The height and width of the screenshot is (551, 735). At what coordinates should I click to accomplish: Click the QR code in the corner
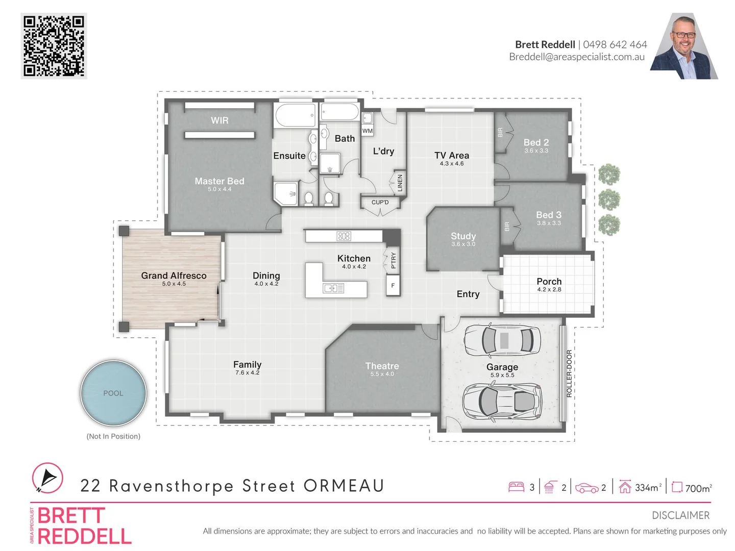click(x=54, y=46)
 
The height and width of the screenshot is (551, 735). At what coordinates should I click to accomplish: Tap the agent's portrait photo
click(x=684, y=47)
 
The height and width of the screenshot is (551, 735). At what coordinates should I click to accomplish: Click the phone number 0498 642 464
click(x=615, y=45)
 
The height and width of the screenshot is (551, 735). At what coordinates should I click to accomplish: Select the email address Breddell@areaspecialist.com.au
click(x=577, y=57)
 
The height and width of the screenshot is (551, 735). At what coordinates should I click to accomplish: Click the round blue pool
click(x=113, y=393)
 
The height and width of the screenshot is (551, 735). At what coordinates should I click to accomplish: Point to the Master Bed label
click(x=219, y=181)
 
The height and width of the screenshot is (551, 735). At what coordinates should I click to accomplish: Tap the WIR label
click(x=219, y=120)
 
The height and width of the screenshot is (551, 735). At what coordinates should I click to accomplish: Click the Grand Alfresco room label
click(x=174, y=275)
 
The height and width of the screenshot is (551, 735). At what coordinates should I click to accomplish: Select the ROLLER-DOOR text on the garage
click(x=569, y=373)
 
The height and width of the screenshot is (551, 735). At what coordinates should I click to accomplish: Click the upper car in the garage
click(x=502, y=340)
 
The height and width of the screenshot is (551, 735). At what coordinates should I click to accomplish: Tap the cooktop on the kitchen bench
click(x=344, y=236)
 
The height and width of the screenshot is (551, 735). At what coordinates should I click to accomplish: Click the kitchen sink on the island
click(x=333, y=288)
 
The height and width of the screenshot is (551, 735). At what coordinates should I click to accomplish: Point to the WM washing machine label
click(x=367, y=131)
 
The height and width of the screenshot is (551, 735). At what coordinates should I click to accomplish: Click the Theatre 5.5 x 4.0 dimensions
click(x=382, y=374)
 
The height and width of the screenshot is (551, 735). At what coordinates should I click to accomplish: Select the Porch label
click(x=549, y=282)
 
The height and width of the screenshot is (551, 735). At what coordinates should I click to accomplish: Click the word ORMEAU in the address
click(x=344, y=486)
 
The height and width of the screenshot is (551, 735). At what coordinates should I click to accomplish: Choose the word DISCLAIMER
click(x=680, y=515)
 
